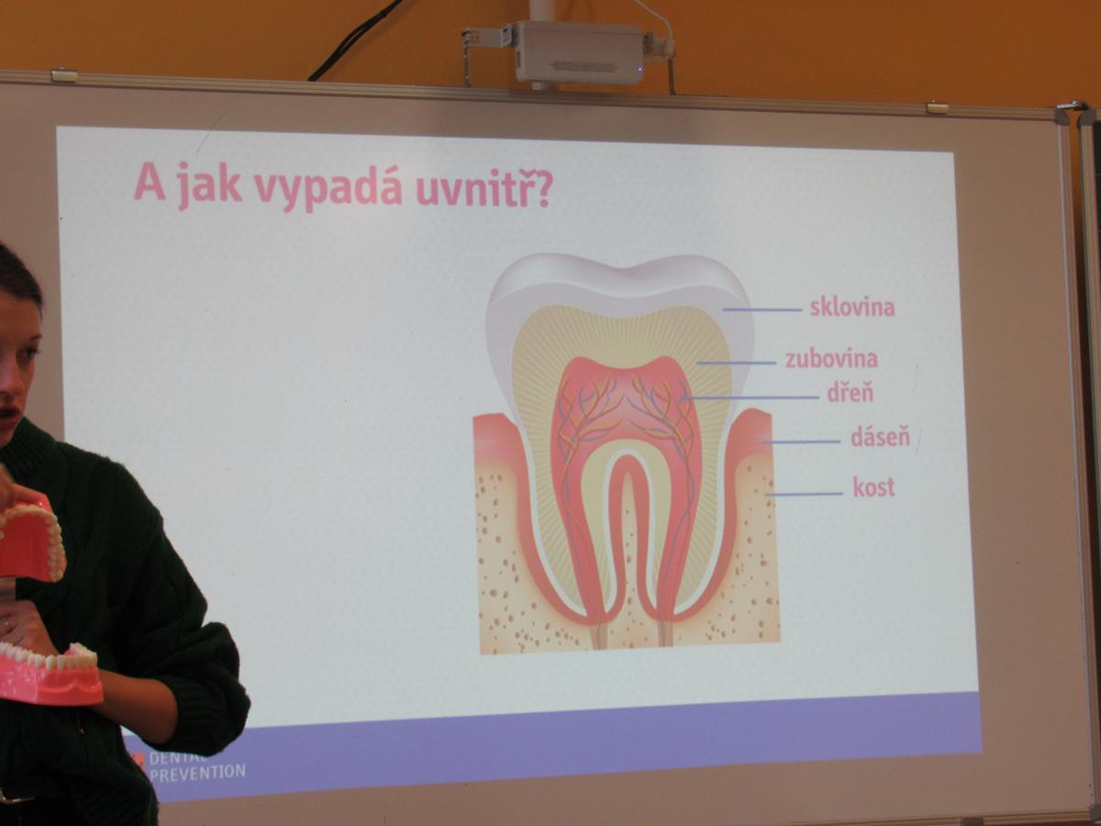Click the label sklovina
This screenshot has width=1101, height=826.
852,307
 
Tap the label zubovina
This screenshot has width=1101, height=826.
831,359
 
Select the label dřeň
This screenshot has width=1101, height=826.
851,392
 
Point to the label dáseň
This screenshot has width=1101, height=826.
880,436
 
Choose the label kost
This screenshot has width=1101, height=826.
873,486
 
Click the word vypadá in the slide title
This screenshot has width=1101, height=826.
328,187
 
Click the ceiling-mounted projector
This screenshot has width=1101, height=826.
578,51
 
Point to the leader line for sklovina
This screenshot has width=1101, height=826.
762,310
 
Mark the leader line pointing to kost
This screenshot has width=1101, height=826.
804,494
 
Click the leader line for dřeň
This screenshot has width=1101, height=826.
751,397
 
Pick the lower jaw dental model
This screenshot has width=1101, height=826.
50,674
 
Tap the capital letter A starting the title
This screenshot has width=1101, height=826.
150,181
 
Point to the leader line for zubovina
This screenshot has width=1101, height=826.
737,363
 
